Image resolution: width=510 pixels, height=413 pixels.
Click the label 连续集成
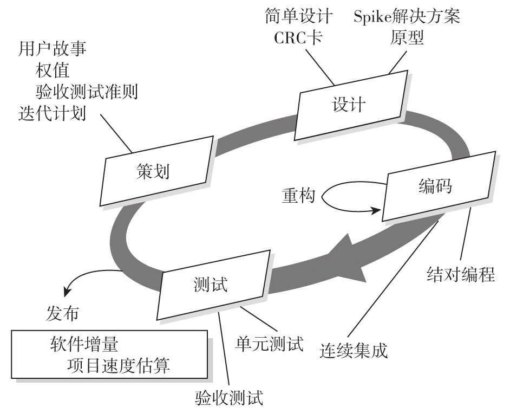[354, 350]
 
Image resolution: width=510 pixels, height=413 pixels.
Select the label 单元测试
[269, 343]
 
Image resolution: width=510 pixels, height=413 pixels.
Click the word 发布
[61, 313]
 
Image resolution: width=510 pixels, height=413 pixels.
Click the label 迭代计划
[52, 114]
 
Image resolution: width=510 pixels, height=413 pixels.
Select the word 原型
[407, 38]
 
